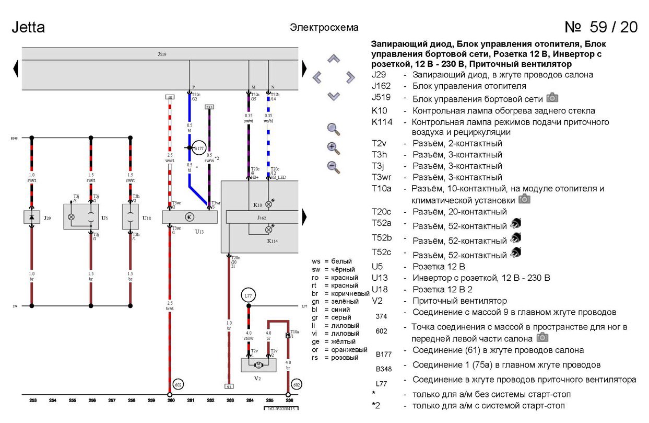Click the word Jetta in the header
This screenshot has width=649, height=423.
(28, 27)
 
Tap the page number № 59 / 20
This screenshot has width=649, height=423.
(601, 27)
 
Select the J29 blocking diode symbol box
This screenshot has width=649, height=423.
(32, 217)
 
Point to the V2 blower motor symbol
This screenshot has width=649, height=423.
(258, 364)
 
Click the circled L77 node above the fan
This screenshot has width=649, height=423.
(249, 296)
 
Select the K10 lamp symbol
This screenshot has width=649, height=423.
(269, 204)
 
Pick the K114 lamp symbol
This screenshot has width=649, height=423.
(269, 230)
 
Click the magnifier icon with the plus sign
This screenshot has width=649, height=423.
(333, 148)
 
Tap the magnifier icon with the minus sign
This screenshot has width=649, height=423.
(333, 167)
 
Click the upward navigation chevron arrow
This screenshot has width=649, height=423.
(334, 59)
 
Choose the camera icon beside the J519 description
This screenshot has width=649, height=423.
(552, 97)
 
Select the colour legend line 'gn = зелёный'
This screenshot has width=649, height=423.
(335, 301)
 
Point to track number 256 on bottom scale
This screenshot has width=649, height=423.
(92, 401)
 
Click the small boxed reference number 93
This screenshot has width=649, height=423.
(229, 386)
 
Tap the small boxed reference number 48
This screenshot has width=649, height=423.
(170, 97)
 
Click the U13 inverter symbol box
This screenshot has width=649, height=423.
(190, 217)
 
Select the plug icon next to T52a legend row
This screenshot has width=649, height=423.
(515, 224)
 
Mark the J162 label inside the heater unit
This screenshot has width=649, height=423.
(262, 217)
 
